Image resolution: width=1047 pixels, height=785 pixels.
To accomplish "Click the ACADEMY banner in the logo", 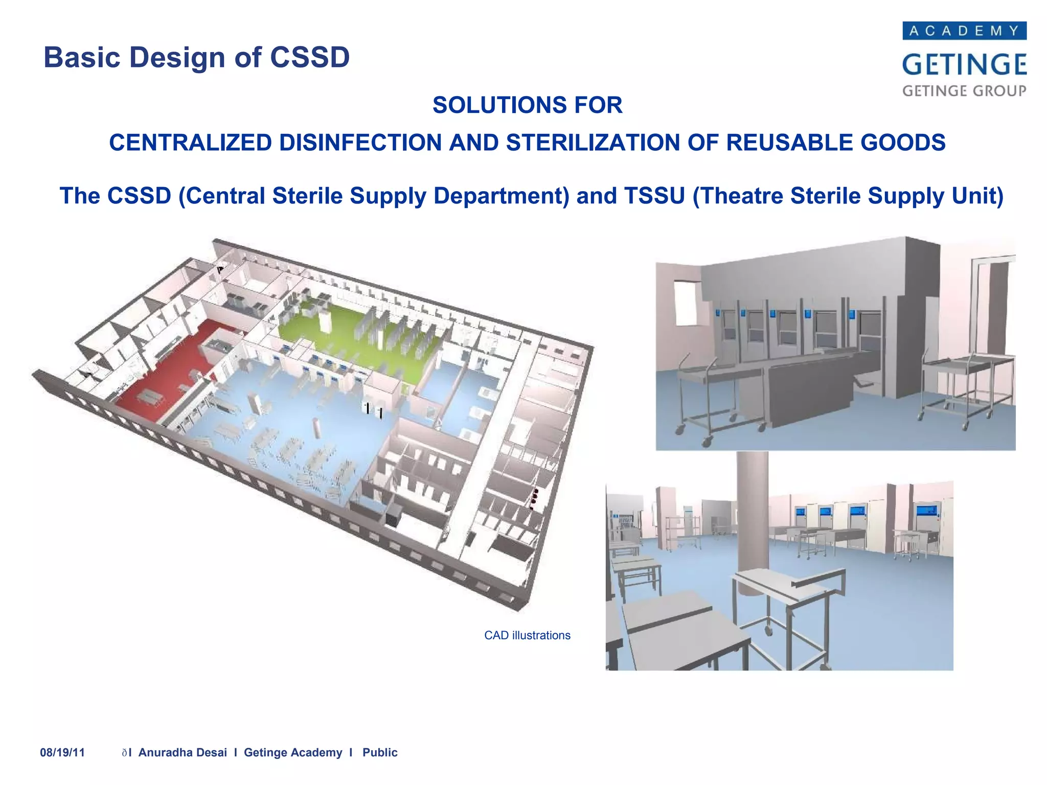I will click(x=964, y=31).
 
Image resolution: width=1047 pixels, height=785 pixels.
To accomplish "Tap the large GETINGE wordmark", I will click(x=964, y=64).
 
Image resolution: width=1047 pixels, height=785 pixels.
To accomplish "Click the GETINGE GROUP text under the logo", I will click(x=964, y=91).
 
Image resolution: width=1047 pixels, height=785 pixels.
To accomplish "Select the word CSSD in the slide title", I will click(x=310, y=57).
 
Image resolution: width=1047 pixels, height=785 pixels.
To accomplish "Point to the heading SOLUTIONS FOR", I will click(x=527, y=105).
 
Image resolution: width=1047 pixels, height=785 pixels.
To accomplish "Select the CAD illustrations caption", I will click(x=527, y=635).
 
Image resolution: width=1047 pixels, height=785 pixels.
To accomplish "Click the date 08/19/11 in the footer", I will click(x=62, y=752).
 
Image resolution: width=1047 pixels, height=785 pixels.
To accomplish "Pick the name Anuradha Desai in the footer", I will click(x=183, y=752).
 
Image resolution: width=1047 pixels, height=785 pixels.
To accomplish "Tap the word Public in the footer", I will click(x=380, y=752).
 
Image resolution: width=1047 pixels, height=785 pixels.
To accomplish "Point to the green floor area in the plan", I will click(x=358, y=332).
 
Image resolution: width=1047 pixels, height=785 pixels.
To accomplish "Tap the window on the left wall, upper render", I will click(x=687, y=303).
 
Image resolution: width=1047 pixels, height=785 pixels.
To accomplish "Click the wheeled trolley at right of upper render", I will click(x=966, y=388).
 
